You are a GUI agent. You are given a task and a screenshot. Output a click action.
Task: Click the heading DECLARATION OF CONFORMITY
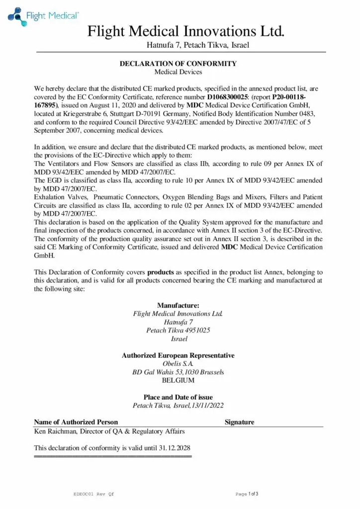point(178,64)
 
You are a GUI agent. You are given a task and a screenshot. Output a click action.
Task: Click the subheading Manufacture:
point(178,305)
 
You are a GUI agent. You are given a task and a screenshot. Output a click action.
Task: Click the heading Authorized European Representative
point(178,355)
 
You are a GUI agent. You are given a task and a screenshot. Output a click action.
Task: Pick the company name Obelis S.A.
point(178,364)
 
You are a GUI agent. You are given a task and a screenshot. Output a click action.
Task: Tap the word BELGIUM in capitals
point(178,381)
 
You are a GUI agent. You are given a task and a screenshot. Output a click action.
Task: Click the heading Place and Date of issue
point(178,397)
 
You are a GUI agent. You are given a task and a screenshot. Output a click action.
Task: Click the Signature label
point(239,423)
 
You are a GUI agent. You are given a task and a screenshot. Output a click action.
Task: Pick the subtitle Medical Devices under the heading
point(178,72)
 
